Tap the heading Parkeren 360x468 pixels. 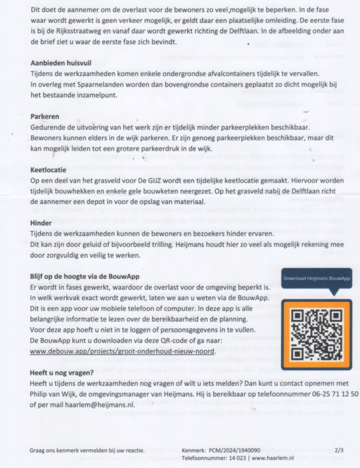(44, 117)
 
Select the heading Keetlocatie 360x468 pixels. (48, 170)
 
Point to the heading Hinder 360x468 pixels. (41, 223)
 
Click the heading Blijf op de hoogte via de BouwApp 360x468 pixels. (85, 277)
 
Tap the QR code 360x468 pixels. (316, 334)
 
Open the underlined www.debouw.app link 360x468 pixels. (122, 351)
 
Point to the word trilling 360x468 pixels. (182, 245)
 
